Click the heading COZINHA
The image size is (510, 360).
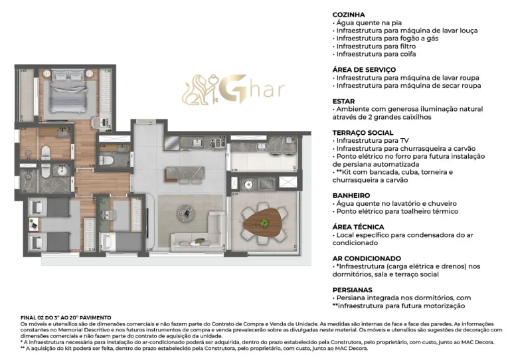[348, 14]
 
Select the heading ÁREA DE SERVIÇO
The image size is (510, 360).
[364, 69]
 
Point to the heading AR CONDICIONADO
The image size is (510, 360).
[367, 258]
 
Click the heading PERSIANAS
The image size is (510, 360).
[353, 290]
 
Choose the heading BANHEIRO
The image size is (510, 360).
[351, 195]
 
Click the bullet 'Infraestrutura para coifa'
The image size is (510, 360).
[376, 54]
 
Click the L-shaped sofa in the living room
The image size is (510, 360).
[203, 232]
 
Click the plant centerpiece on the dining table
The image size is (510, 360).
[265, 221]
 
